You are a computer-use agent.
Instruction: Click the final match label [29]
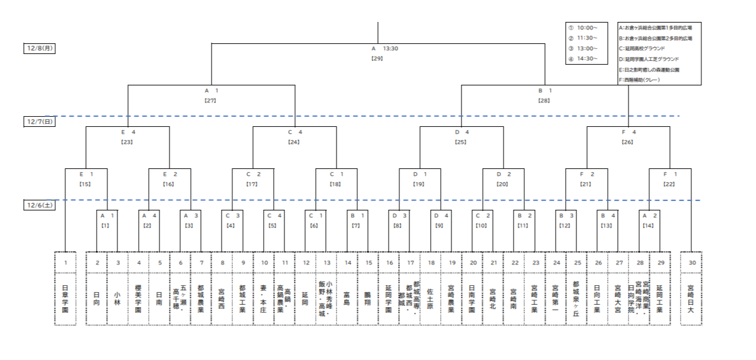(x=377, y=58)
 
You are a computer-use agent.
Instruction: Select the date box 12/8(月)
(x=39, y=48)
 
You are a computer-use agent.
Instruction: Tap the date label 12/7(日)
(x=39, y=122)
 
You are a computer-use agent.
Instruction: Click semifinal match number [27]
(x=211, y=101)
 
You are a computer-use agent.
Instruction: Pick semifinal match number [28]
(x=544, y=101)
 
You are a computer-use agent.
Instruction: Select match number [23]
(x=127, y=142)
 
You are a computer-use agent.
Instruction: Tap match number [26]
(x=629, y=142)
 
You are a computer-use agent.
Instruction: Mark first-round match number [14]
(x=649, y=225)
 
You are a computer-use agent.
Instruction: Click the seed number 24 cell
(x=556, y=262)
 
